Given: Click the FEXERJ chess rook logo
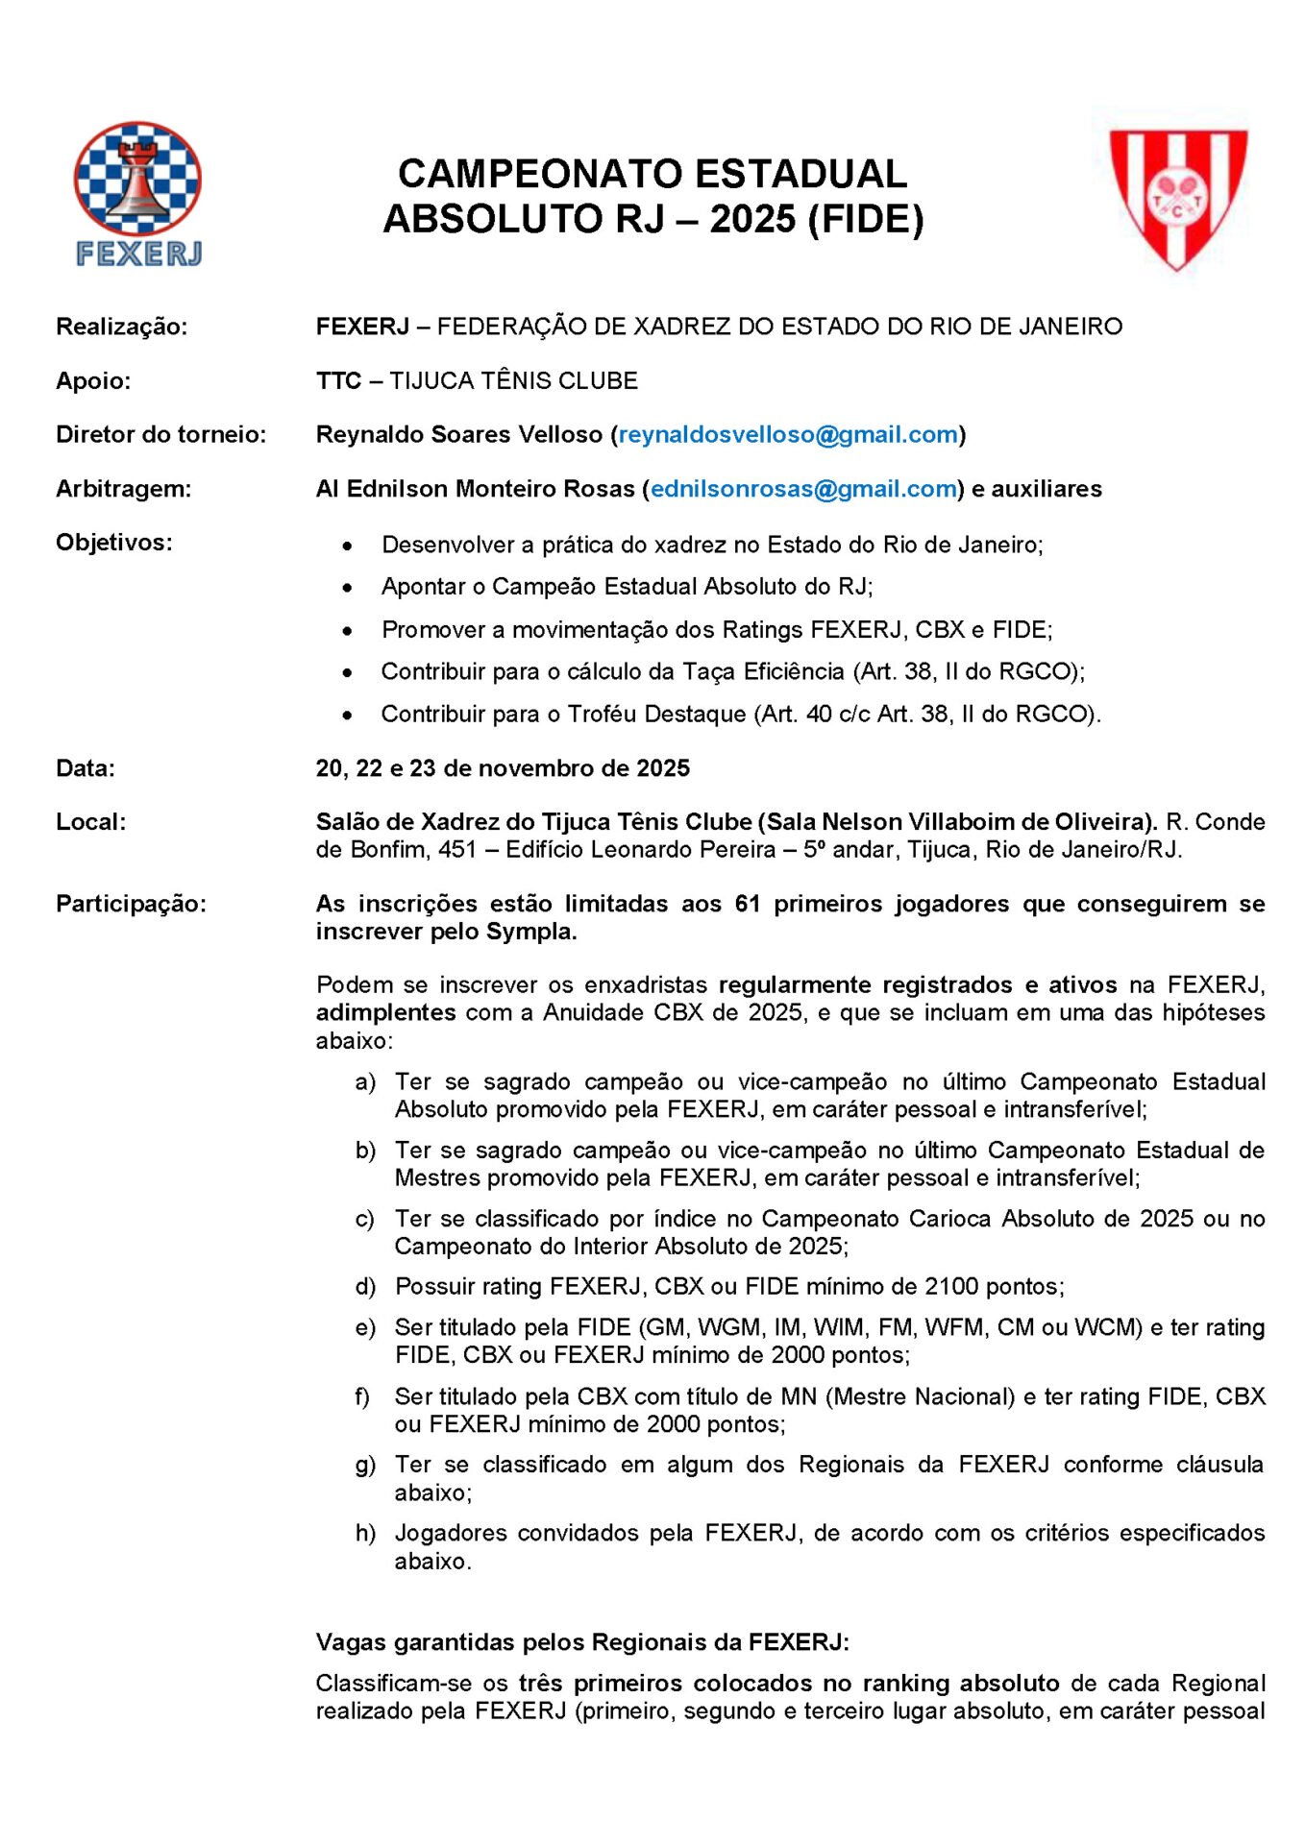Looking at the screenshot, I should click(138, 192).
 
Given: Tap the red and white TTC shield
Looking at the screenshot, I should click(1178, 197).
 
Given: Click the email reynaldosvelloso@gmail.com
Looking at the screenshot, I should click(788, 435).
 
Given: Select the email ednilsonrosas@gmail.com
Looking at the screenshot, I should click(803, 489).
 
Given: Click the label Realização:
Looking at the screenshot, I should click(122, 328).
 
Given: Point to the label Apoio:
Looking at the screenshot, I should click(93, 381).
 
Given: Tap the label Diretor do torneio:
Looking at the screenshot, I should click(161, 435).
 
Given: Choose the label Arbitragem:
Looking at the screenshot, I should click(124, 489).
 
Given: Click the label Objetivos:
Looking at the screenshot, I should click(114, 543).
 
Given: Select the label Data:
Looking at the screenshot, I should click(86, 768).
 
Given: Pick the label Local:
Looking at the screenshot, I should click(91, 822).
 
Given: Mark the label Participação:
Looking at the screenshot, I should click(132, 904).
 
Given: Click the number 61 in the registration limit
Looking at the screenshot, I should click(748, 904).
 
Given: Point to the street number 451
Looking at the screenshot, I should click(457, 850).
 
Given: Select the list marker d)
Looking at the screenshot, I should click(365, 1287).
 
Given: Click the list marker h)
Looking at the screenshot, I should click(365, 1533).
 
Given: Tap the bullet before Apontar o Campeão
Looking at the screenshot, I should click(347, 588).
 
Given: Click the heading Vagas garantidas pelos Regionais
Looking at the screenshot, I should click(582, 1642).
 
